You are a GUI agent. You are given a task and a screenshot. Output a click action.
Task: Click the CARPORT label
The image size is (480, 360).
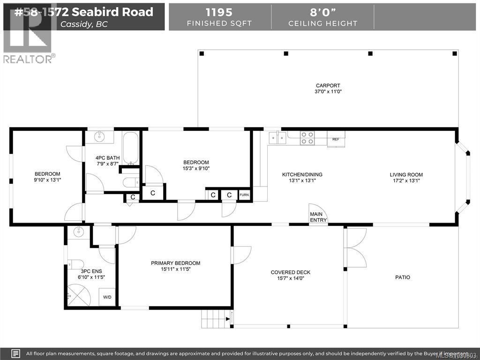pos(328,85)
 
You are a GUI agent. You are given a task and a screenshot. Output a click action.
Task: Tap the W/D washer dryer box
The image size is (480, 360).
pos(107,297)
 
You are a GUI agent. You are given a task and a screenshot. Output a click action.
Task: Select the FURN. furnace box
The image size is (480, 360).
pos(244,195)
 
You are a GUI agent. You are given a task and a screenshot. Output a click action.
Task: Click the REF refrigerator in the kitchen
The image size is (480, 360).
pos(336,139)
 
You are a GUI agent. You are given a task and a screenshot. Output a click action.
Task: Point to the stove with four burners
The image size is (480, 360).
pos(307,138)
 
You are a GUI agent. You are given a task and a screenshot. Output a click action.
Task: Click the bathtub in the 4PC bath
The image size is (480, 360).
pos(131,146)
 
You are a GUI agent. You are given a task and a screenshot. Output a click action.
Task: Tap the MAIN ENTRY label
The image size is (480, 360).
pos(318,217)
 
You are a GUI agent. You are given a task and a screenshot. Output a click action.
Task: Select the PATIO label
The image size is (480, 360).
pos(402,277)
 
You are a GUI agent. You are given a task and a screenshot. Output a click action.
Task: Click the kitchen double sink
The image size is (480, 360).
pos(277,137)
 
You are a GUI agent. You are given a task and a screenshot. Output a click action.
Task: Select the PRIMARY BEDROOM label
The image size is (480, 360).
pos(175,263)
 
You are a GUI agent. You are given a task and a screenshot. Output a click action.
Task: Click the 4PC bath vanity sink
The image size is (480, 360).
pos(99,137)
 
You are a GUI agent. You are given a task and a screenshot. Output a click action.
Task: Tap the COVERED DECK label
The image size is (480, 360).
pos(290,272)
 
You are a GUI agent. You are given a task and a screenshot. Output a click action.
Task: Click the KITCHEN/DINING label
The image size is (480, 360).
pos(302,174)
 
